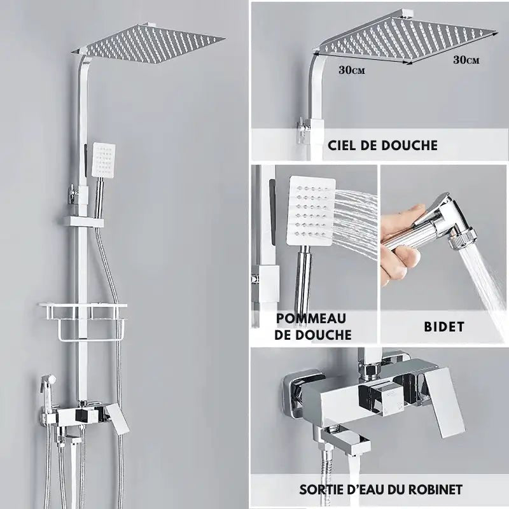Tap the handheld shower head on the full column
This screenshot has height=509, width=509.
tap(103, 158)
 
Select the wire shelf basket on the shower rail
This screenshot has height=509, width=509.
tap(90, 321)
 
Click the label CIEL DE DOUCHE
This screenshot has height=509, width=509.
tap(382, 145)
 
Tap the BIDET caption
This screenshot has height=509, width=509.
tap(443, 327)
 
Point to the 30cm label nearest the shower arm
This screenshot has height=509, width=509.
tap(352, 70)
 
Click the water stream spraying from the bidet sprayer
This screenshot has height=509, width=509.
tap(487, 280)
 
